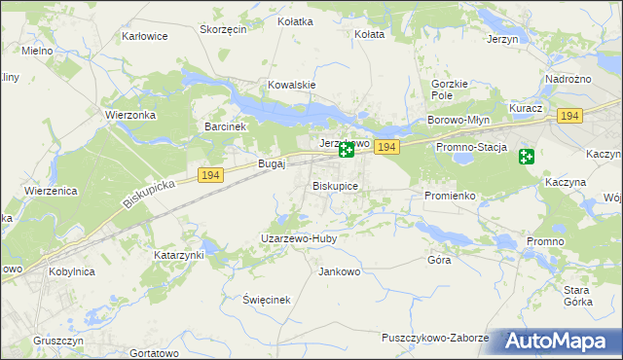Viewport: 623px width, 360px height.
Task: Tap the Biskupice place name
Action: click(336, 185)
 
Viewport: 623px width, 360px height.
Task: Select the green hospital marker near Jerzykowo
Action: click(346, 150)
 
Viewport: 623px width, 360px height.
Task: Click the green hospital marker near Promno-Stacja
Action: click(527, 156)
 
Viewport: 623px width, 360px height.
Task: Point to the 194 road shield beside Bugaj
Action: click(210, 175)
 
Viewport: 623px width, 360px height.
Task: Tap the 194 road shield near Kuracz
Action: click(569, 116)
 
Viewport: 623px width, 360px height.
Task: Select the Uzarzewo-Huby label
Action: click(298, 238)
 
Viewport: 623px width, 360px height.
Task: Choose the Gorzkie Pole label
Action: click(450, 90)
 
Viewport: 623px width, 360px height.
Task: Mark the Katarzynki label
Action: click(179, 255)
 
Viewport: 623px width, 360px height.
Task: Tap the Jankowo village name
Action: click(340, 271)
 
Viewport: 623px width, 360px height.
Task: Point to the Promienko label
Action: click(450, 196)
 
